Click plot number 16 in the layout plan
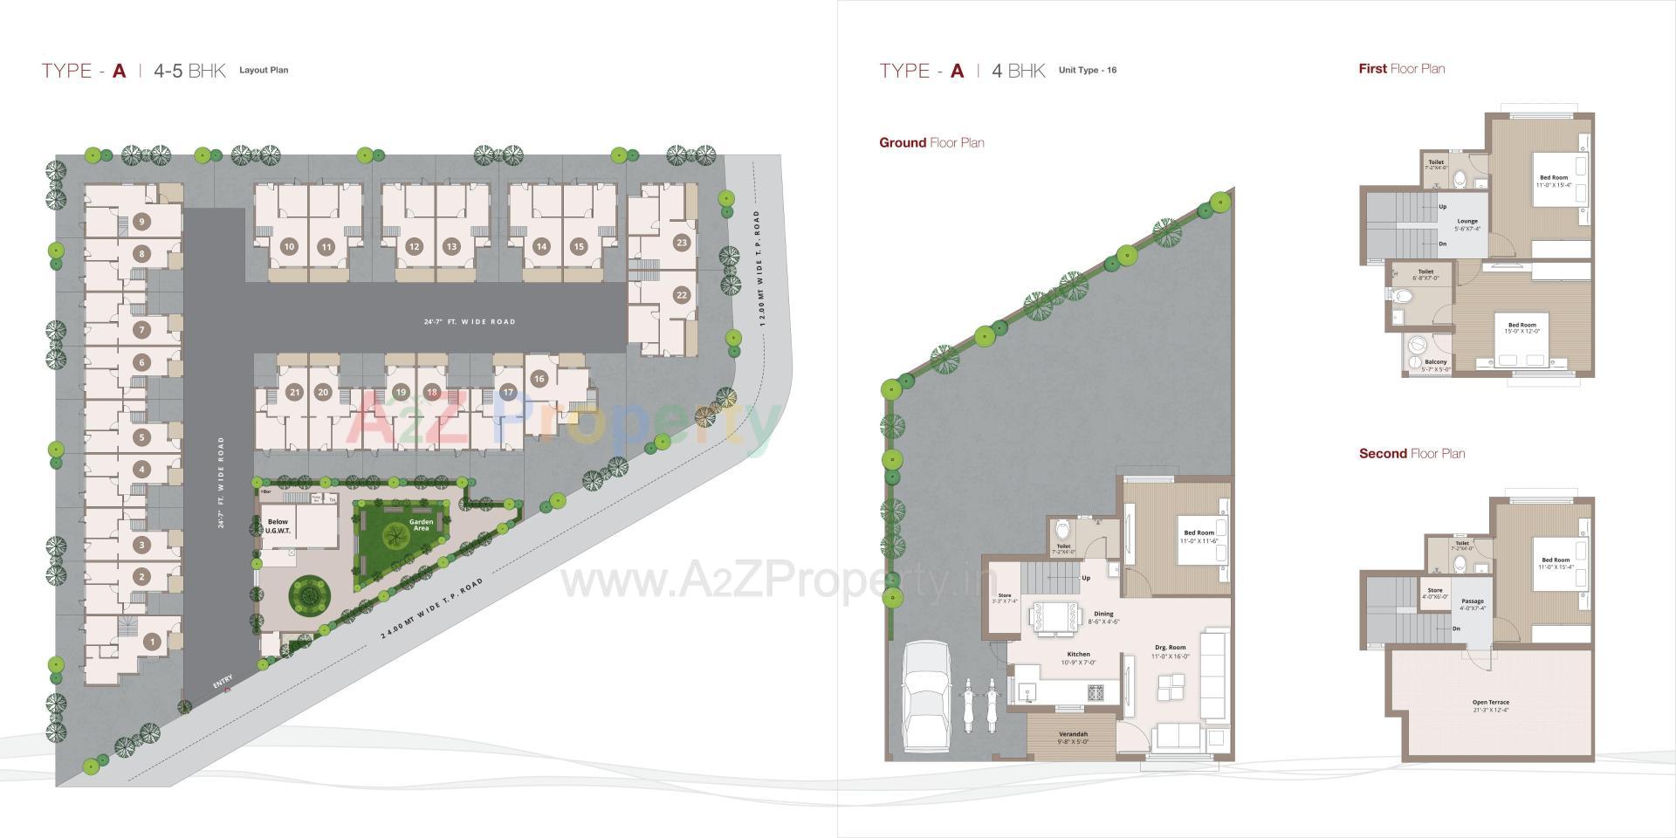539,379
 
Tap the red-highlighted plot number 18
432,392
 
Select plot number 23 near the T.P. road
682,243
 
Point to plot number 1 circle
153,642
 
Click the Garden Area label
421,525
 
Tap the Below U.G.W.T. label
278,525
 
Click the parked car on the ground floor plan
927,696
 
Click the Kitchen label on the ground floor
1078,657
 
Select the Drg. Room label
1170,651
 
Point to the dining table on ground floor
1053,617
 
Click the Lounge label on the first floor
1467,224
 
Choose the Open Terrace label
1490,705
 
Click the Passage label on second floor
1473,604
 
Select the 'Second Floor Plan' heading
1412,454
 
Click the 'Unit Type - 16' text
1087,71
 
